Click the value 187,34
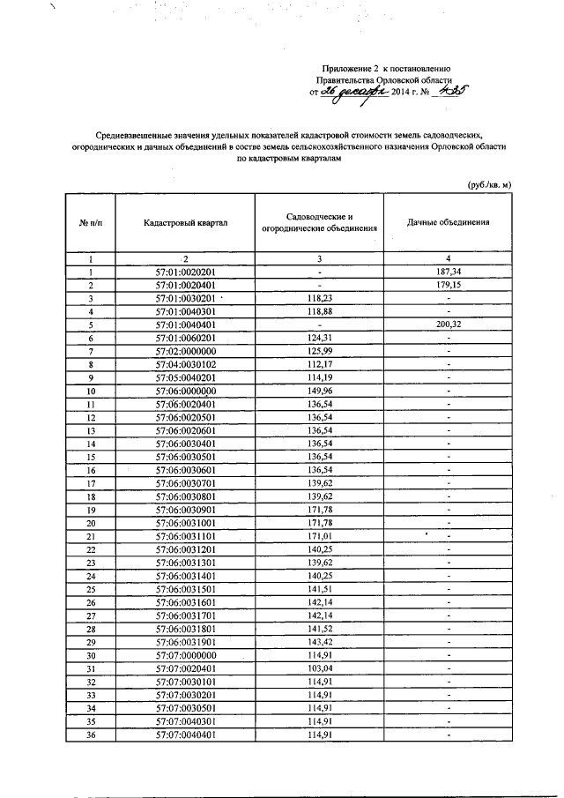click(x=448, y=272)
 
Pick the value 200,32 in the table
click(x=448, y=324)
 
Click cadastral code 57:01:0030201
click(x=185, y=298)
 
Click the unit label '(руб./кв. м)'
click(x=488, y=184)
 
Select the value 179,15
click(x=448, y=286)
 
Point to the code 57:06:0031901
click(x=185, y=642)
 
